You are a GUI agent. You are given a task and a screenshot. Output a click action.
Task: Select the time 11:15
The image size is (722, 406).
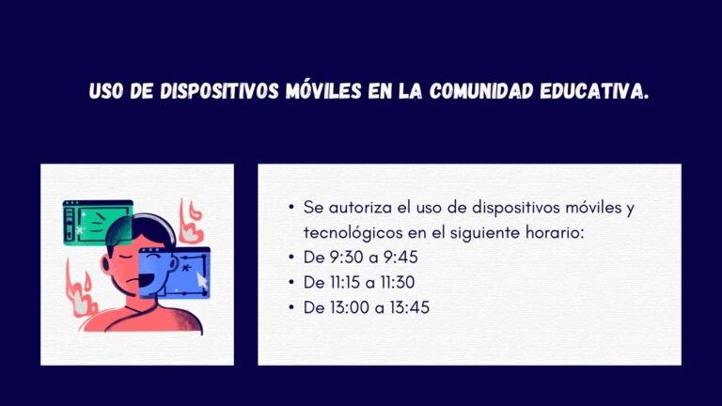pos(345,282)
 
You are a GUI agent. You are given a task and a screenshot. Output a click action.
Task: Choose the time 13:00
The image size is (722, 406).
pos(347,307)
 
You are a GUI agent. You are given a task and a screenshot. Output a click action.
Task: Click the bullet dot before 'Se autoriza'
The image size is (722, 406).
pos(292,207)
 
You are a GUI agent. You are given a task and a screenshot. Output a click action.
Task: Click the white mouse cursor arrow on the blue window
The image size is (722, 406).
pos(201,282)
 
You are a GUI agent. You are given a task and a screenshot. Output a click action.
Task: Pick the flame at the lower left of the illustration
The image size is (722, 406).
pos(81,289)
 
